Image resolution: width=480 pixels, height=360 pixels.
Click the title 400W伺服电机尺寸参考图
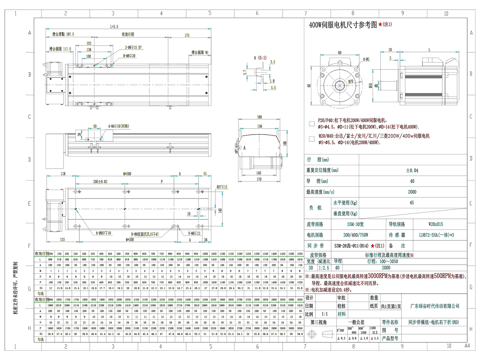click(343, 25)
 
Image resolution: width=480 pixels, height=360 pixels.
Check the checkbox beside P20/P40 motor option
click(312, 123)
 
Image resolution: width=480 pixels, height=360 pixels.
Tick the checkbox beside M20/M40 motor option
click(312, 139)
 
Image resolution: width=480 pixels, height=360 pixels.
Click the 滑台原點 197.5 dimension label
click(63, 34)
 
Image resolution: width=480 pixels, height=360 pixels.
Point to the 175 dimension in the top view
click(187, 36)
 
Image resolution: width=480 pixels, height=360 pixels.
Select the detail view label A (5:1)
click(260, 58)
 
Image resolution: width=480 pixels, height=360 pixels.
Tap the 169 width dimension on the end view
click(259, 117)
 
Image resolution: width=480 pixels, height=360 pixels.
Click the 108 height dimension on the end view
click(285, 143)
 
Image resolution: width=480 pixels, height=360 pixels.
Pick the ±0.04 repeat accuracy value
click(412, 170)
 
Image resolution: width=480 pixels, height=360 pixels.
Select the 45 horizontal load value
click(412, 203)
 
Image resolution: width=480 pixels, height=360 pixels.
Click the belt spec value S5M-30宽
click(355, 224)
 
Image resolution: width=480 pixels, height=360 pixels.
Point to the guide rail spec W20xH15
click(436, 224)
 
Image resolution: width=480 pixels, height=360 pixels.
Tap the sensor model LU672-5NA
click(436, 235)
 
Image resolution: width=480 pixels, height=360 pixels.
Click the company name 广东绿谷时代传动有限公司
click(435, 306)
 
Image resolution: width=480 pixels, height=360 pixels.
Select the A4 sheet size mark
click(467, 346)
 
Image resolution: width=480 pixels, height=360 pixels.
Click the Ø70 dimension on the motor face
click(351, 81)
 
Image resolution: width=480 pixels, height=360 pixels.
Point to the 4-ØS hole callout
click(366, 59)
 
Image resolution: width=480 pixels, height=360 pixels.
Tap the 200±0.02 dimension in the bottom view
click(100, 182)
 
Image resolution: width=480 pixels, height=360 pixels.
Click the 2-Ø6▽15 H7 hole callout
click(133, 47)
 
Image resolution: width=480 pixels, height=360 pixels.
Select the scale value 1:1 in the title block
click(324, 314)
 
